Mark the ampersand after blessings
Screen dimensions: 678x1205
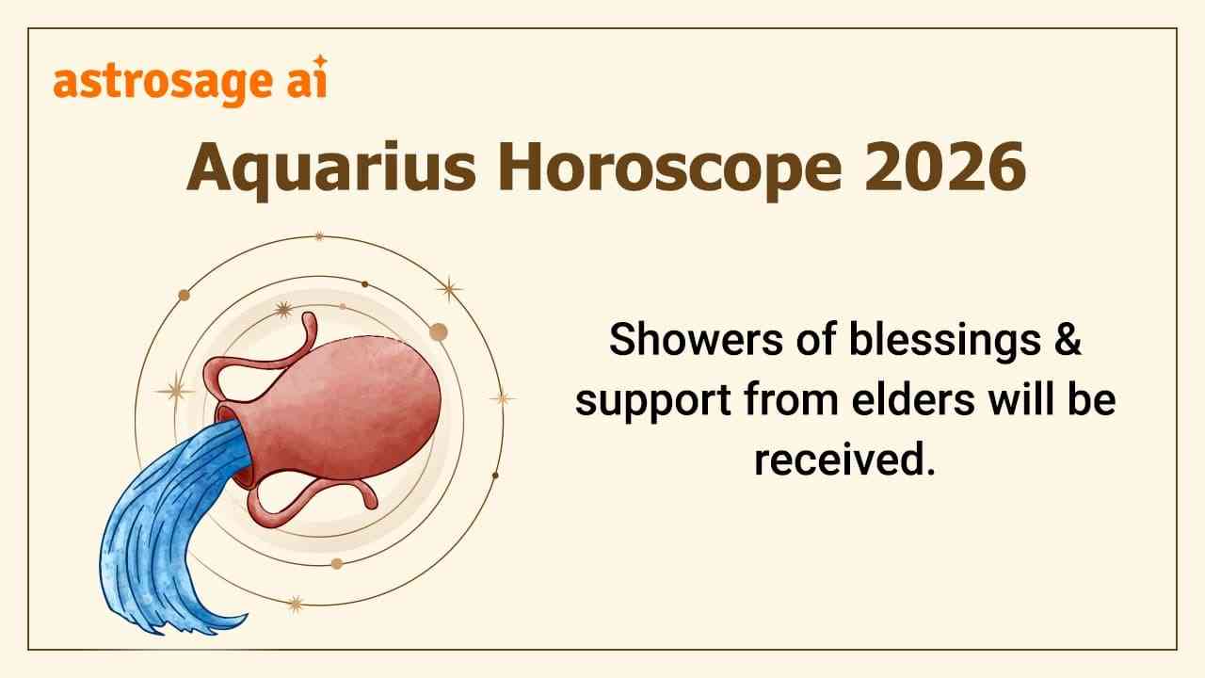1066,339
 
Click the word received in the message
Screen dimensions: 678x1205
844,461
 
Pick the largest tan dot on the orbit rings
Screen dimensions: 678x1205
438,331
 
